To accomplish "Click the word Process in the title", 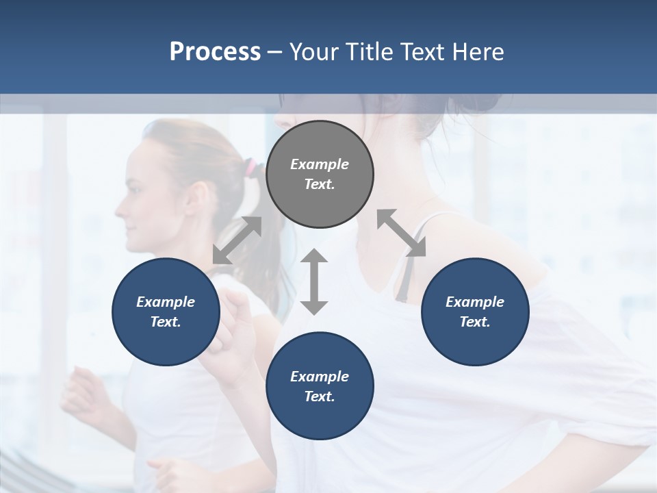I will click(215, 52).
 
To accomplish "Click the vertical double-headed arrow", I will click(314, 281).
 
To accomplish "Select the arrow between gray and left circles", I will click(237, 240).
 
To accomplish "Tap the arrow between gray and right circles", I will click(402, 233).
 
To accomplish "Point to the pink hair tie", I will click(251, 166).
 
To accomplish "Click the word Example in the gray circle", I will click(320, 164).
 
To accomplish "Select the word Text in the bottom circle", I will click(319, 396).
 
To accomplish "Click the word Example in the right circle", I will click(475, 302).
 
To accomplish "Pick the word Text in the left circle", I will click(165, 322).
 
